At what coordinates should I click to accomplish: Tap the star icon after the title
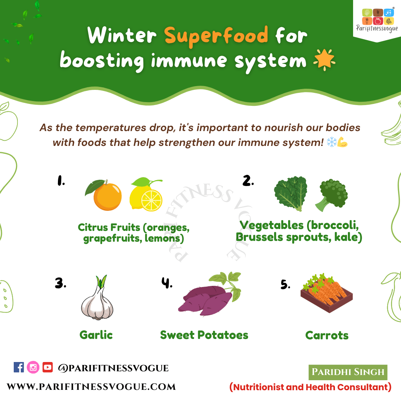coord(324,59)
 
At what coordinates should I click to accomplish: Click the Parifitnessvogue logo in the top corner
coord(377,20)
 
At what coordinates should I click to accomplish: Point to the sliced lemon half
coord(151,200)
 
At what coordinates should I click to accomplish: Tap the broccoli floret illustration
coord(332,195)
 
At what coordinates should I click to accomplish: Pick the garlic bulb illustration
coord(97,298)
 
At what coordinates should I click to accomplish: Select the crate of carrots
coord(327,293)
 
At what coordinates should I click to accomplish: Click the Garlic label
coord(96,335)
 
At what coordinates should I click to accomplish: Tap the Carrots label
coord(327,335)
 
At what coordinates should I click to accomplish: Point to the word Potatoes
coord(223,335)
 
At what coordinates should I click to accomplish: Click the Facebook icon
coord(19,367)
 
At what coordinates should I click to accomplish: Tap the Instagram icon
coord(33,367)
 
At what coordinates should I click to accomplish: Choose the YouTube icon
coord(48,367)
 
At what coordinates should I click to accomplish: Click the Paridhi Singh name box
coord(348,372)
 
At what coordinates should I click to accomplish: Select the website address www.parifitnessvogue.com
coord(91,387)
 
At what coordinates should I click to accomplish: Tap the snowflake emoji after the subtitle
coord(332,142)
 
